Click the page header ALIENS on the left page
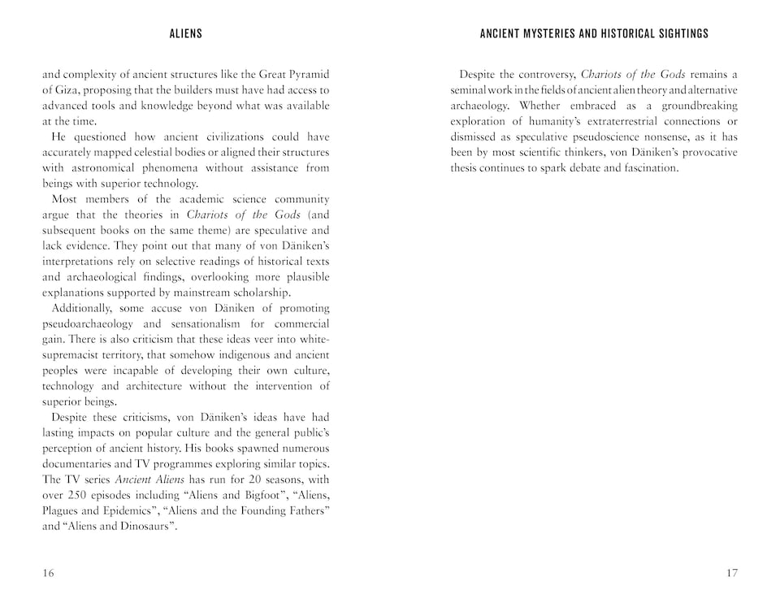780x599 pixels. point(186,34)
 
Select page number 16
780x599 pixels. point(48,573)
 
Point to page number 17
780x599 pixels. point(731,573)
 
